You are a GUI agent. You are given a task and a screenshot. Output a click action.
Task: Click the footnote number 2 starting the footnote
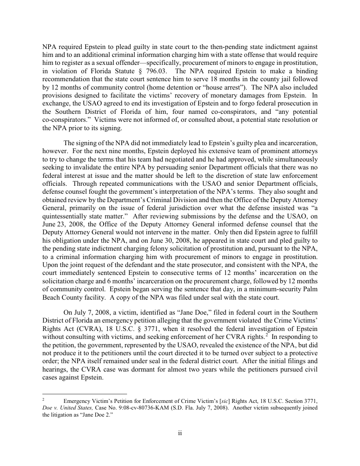43,399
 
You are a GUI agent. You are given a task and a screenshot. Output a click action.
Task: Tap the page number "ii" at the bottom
180,433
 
